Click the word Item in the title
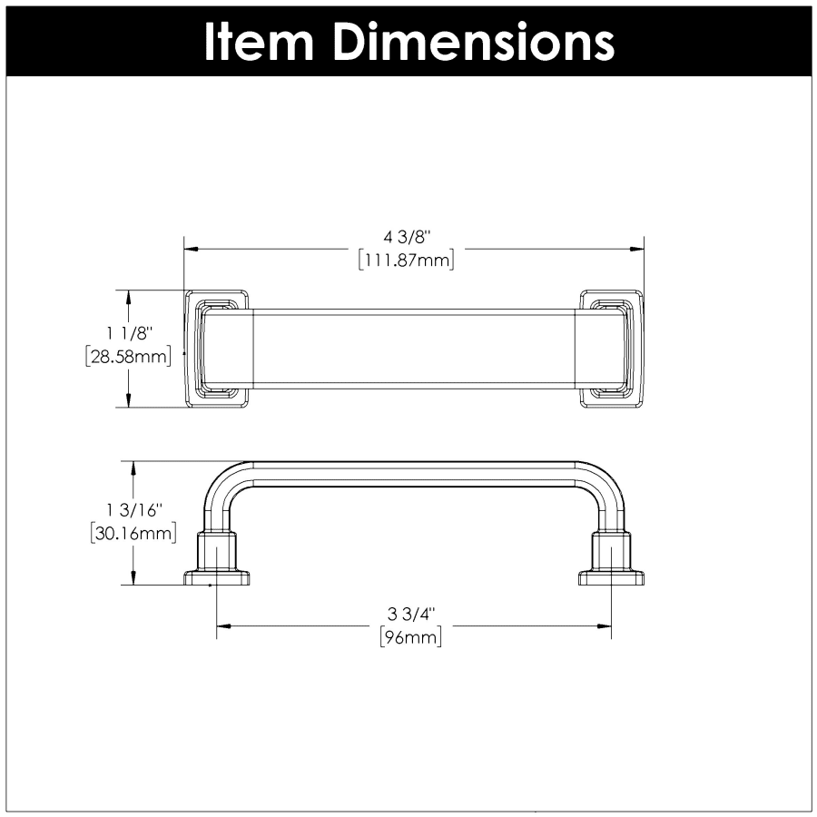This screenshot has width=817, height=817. click(258, 42)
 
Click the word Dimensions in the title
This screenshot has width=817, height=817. click(474, 42)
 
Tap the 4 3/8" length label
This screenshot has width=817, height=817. click(408, 238)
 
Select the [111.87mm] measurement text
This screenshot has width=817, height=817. click(407, 260)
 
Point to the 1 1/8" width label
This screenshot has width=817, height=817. click(129, 333)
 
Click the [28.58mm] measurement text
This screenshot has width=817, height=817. click(128, 357)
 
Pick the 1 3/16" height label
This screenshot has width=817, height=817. click(134, 510)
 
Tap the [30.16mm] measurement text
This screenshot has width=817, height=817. click(133, 533)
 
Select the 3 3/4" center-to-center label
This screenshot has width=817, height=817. click(410, 615)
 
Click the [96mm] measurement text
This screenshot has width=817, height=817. click(411, 636)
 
